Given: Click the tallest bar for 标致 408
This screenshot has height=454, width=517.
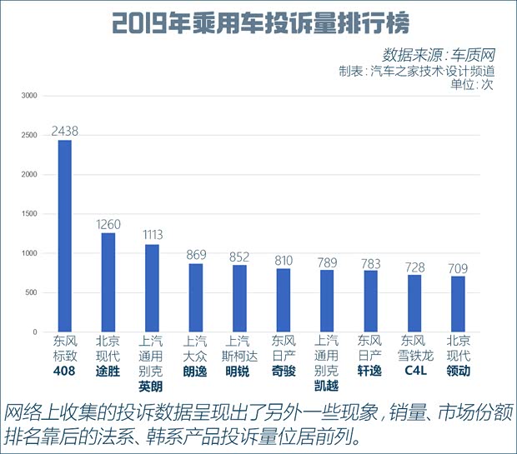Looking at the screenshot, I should click(64, 237).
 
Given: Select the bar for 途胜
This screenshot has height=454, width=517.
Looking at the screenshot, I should click(108, 282).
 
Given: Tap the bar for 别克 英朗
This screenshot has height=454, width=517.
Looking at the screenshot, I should click(152, 288).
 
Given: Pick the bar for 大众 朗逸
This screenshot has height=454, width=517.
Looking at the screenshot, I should click(195, 298).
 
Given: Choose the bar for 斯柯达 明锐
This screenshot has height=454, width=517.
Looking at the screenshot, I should click(239, 299).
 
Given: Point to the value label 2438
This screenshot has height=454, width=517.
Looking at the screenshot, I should click(65, 131).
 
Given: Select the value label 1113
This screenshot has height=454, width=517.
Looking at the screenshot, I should click(152, 236).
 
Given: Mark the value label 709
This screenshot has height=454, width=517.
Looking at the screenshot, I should click(458, 267).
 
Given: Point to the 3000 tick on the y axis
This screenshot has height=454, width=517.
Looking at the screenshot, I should click(29, 96).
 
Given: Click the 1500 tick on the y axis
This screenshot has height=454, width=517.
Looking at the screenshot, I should click(29, 214).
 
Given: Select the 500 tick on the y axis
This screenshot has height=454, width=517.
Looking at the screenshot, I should click(31, 293).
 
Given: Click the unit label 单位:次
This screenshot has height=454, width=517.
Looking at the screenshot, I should click(471, 85).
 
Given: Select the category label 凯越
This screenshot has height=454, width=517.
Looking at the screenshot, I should click(327, 387).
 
